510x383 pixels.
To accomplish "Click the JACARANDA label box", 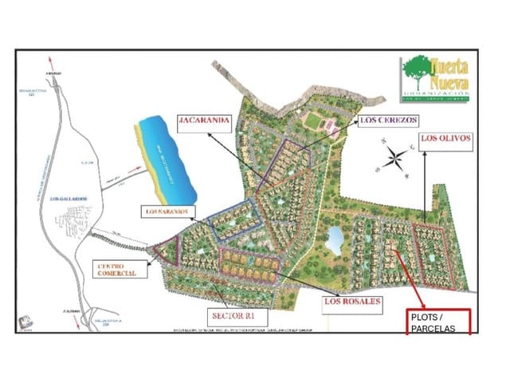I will tap(205, 121).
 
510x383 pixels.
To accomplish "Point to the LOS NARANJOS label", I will tap(166, 211).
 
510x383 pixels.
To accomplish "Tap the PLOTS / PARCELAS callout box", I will tap(439, 322).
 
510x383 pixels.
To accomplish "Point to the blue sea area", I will tap(167, 156).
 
